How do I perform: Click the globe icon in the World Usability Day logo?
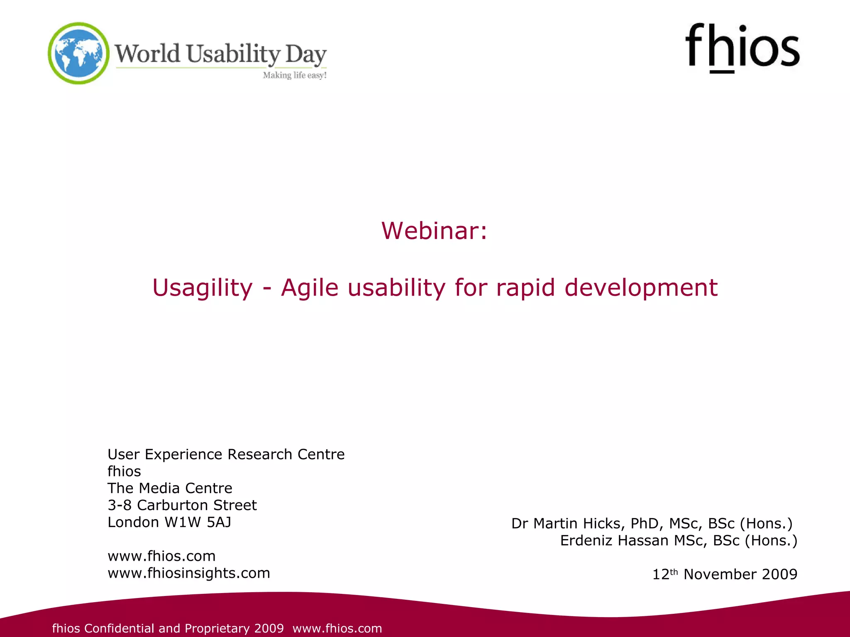coord(78,53)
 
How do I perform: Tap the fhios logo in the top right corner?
coord(742,48)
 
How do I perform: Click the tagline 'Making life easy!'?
coord(295,75)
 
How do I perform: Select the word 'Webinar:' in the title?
coord(434,231)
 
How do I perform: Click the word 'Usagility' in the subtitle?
coord(202,287)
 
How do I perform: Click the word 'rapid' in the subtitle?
coord(525,287)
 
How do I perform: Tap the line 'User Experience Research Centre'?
coord(226,455)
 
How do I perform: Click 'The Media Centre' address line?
coord(170,488)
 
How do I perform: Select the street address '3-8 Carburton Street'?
coord(182,505)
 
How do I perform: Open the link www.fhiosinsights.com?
coord(189,573)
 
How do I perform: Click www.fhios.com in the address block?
coord(161,556)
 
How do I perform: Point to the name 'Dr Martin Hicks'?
coord(567,524)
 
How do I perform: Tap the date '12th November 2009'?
coord(725,574)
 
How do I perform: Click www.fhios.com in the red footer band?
coord(337,628)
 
